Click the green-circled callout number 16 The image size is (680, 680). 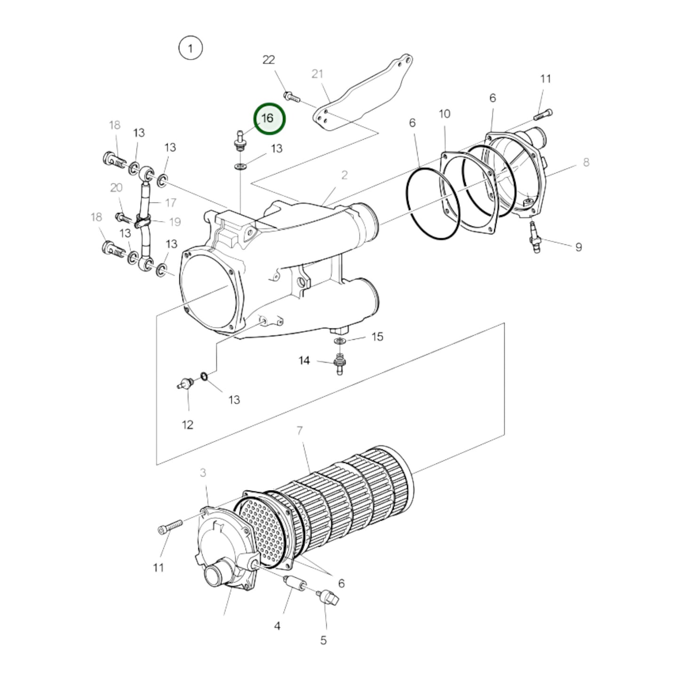pos(267,119)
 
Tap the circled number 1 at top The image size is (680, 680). pos(191,48)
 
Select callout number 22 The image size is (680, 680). pos(269,60)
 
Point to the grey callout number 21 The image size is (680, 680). pos(317,74)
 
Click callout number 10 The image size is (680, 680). pos(444,114)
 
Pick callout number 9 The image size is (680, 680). pos(578,247)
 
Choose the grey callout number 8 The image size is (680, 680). pos(586,162)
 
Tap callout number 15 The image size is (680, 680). pos(377,336)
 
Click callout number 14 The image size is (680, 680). pos(304,360)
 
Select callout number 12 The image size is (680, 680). pos(187,425)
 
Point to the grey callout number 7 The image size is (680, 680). pos(300,431)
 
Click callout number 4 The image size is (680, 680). pos(277,626)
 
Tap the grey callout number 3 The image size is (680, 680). pos(202,472)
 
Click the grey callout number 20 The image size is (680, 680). pos(116,188)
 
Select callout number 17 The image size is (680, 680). pos(171,203)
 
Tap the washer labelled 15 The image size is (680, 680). pos(339,341)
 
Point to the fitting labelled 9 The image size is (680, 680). pos(535,236)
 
